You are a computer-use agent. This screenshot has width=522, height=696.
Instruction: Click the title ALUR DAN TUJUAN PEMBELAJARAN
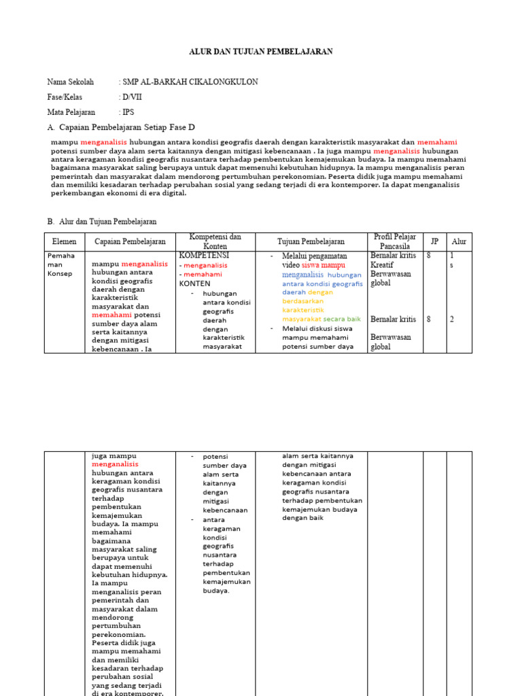(260, 52)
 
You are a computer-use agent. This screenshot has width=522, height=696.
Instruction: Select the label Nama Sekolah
(71, 82)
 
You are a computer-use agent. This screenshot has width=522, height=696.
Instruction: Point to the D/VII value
(133, 97)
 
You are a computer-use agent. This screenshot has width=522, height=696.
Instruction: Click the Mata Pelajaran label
(71, 112)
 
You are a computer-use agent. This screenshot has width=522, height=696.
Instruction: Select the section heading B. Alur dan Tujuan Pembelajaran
(102, 222)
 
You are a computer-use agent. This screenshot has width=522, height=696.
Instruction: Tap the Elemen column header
(65, 241)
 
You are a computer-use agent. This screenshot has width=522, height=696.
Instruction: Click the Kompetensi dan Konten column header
(215, 241)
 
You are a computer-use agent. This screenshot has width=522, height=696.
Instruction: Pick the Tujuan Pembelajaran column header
(311, 241)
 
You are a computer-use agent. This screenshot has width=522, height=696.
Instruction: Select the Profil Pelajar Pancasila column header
(395, 241)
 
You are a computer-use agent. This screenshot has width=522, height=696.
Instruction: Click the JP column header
(434, 241)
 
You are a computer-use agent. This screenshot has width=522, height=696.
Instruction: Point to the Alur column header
(459, 241)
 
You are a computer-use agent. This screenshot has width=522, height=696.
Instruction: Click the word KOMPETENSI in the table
(204, 256)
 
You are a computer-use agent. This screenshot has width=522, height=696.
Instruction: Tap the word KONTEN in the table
(195, 283)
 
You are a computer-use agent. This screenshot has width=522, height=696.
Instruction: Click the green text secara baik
(342, 319)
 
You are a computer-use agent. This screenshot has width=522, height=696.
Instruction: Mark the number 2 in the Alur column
(451, 319)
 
